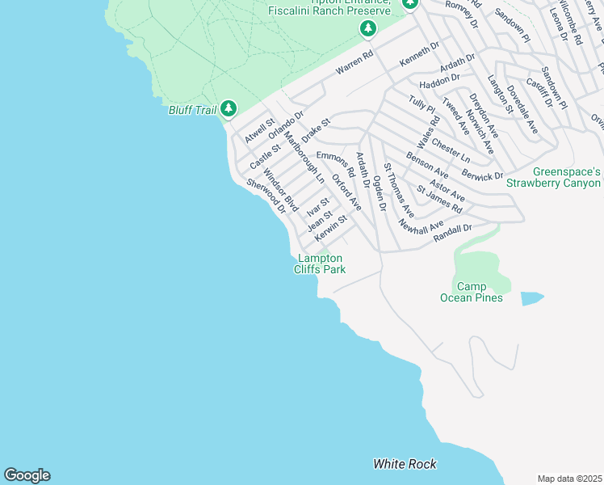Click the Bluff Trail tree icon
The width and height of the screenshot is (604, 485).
pyautogui.click(x=229, y=108)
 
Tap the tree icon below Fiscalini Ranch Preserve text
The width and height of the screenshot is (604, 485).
pyautogui.click(x=368, y=29)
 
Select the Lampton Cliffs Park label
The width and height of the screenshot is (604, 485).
pyautogui.click(x=320, y=264)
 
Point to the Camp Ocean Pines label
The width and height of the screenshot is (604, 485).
pyautogui.click(x=472, y=292)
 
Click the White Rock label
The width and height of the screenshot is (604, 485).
pyautogui.click(x=405, y=464)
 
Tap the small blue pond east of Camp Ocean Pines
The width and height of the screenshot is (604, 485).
pyautogui.click(x=531, y=298)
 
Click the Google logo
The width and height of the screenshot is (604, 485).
pyautogui.click(x=27, y=475)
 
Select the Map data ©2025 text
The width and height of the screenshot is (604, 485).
pyautogui.click(x=569, y=479)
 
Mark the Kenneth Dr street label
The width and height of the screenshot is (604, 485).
pyautogui.click(x=419, y=55)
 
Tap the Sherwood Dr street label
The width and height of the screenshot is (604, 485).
pyautogui.click(x=266, y=196)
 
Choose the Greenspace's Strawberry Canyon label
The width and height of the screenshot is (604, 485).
pyautogui.click(x=554, y=177)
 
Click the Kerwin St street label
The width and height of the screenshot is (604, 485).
pyautogui.click(x=331, y=226)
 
